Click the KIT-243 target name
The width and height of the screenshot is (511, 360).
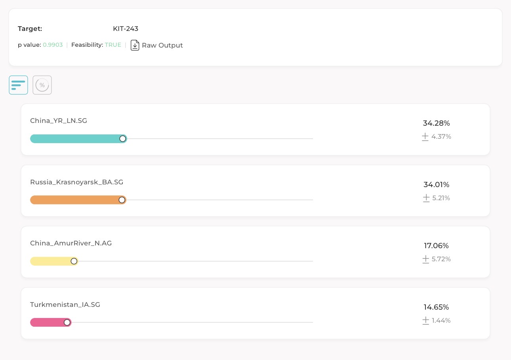tap(126, 29)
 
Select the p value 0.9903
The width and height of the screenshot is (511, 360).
tap(53, 45)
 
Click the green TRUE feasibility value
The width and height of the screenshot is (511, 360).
tap(113, 45)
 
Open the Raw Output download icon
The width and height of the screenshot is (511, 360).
tap(135, 45)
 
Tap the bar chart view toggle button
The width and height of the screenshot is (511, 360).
tap(18, 85)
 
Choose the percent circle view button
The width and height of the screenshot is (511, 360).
tap(42, 85)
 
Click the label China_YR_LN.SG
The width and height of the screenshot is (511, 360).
tap(59, 121)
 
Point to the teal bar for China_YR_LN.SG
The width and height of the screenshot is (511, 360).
tap(75, 139)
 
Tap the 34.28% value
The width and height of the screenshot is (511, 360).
tap(436, 123)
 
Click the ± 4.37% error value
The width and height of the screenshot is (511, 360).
tap(437, 136)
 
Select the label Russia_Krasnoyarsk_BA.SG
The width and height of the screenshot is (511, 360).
tap(76, 182)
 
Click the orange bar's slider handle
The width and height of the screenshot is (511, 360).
tap(122, 200)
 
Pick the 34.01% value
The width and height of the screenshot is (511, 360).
tap(436, 184)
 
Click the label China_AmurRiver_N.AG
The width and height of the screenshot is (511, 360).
tap(71, 243)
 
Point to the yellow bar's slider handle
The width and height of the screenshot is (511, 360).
tap(74, 261)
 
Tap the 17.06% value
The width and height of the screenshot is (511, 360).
tap(436, 245)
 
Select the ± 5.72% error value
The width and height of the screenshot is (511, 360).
tap(437, 259)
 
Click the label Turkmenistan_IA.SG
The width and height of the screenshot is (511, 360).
tap(65, 304)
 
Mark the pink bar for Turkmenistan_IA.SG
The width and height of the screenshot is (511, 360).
tap(48, 322)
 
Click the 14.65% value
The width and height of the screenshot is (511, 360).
tap(436, 307)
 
